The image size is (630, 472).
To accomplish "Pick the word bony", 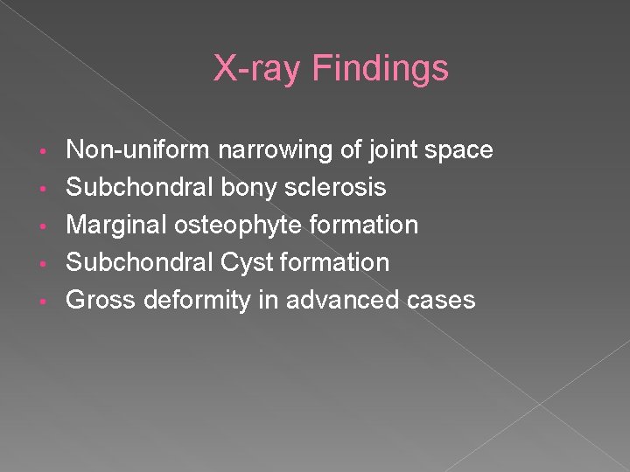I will point(253,188).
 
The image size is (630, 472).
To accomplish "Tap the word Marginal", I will point(119,226).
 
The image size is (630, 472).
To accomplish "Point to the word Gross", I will point(101,301).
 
